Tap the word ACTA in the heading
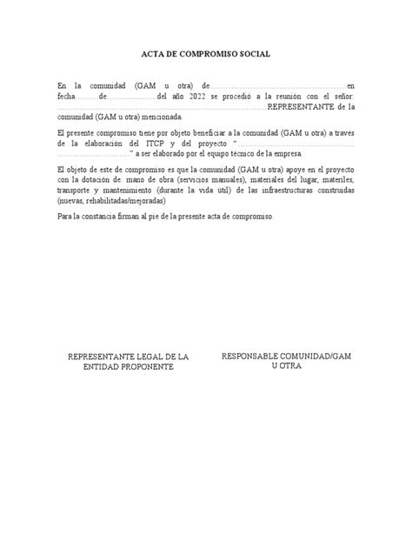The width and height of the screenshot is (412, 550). pyautogui.click(x=155, y=54)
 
